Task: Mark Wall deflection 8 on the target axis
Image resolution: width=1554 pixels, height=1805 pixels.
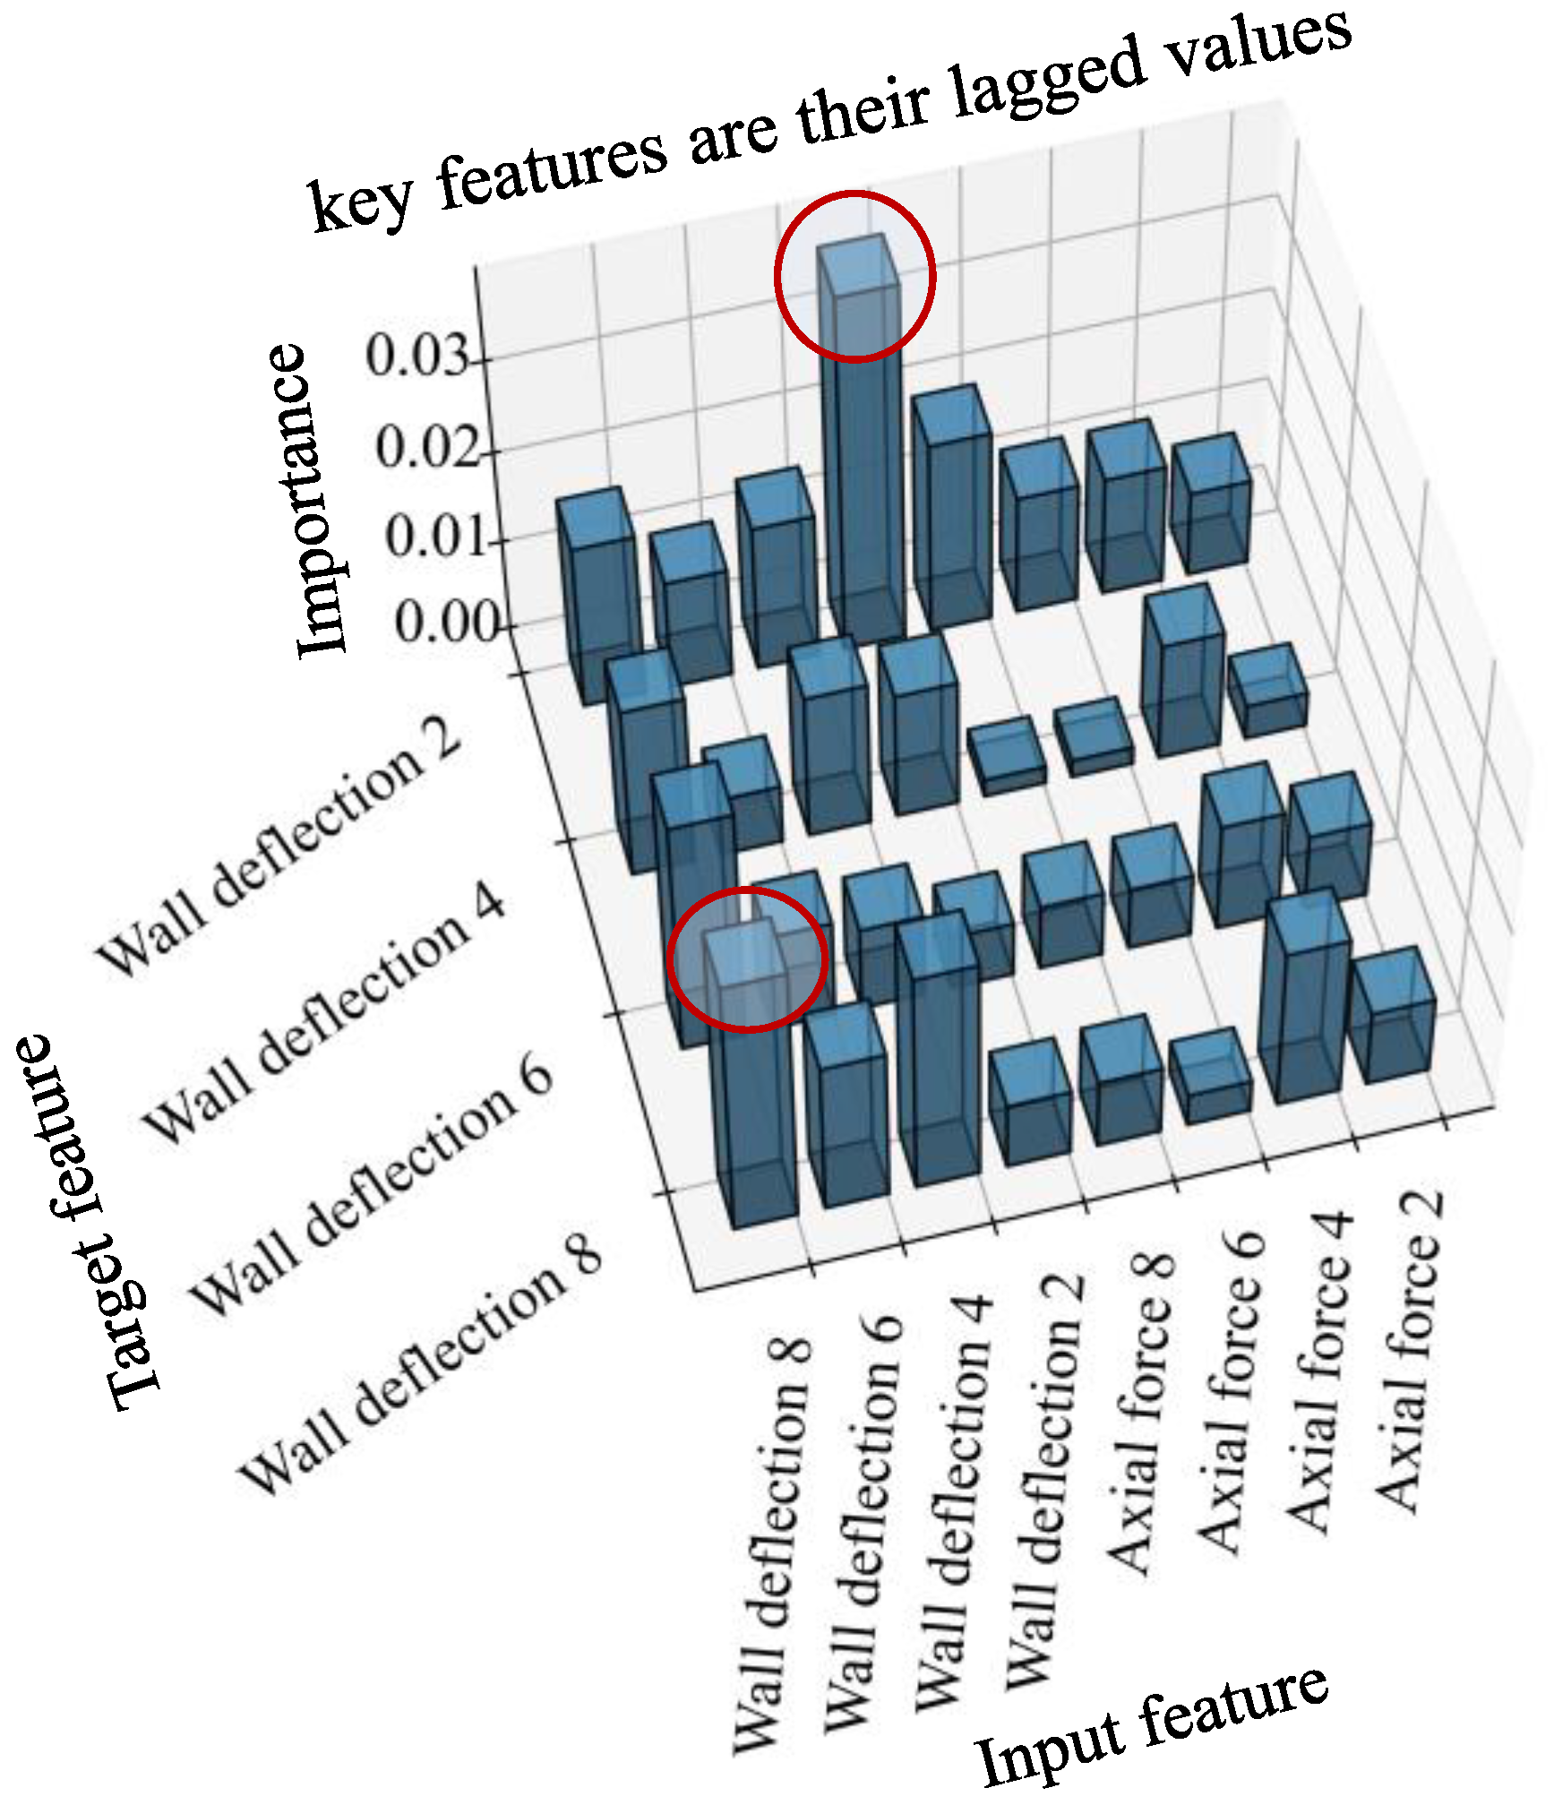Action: [421, 1366]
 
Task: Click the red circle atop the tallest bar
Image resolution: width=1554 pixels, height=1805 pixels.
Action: [854, 276]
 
